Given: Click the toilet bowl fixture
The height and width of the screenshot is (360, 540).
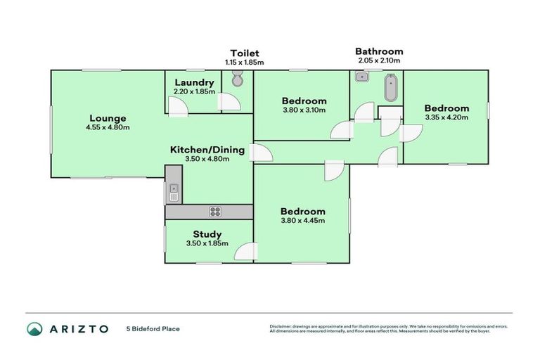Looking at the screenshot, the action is (x=237, y=78).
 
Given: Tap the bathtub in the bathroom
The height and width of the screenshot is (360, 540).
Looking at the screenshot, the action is (x=390, y=87).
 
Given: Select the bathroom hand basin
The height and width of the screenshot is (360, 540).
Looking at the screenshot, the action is (x=361, y=77).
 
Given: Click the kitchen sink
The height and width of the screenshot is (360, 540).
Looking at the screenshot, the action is (x=174, y=193).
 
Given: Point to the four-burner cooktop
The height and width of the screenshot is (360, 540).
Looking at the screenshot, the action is (x=215, y=212).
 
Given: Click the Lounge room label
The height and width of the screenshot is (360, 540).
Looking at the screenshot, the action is (x=108, y=118).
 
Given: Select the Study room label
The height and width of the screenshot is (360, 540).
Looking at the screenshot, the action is (x=207, y=235).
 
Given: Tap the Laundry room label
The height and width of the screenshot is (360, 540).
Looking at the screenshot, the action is (x=194, y=83).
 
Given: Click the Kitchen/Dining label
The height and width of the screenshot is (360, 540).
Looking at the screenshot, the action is (x=207, y=150).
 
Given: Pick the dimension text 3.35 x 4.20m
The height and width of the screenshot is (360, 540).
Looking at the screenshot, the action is (x=446, y=117).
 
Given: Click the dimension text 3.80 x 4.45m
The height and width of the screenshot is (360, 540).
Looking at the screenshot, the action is (x=303, y=221).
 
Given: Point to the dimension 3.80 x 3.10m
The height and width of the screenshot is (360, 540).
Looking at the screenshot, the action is (x=304, y=110).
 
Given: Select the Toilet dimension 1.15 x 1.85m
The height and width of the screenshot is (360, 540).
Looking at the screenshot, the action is (x=245, y=63).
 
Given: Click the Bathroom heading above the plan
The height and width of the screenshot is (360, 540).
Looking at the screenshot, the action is (x=379, y=51).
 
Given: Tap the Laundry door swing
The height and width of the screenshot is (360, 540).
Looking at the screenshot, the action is (x=178, y=107).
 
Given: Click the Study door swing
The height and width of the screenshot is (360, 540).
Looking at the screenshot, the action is (x=246, y=251).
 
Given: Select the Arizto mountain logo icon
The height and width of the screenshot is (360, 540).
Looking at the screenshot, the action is (x=34, y=329).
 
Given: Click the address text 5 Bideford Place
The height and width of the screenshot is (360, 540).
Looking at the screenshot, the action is (x=153, y=329).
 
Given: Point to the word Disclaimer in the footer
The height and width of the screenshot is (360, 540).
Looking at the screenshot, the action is (x=281, y=326).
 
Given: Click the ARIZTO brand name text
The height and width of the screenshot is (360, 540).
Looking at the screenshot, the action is (x=79, y=329).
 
